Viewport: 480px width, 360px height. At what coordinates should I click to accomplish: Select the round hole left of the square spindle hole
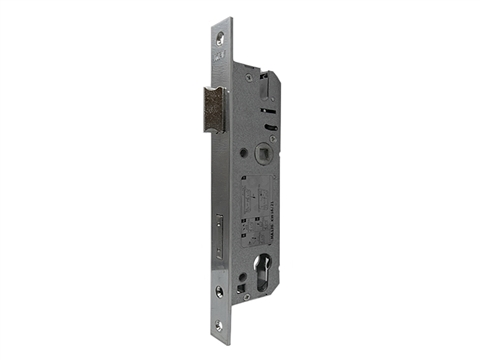(244, 153)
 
